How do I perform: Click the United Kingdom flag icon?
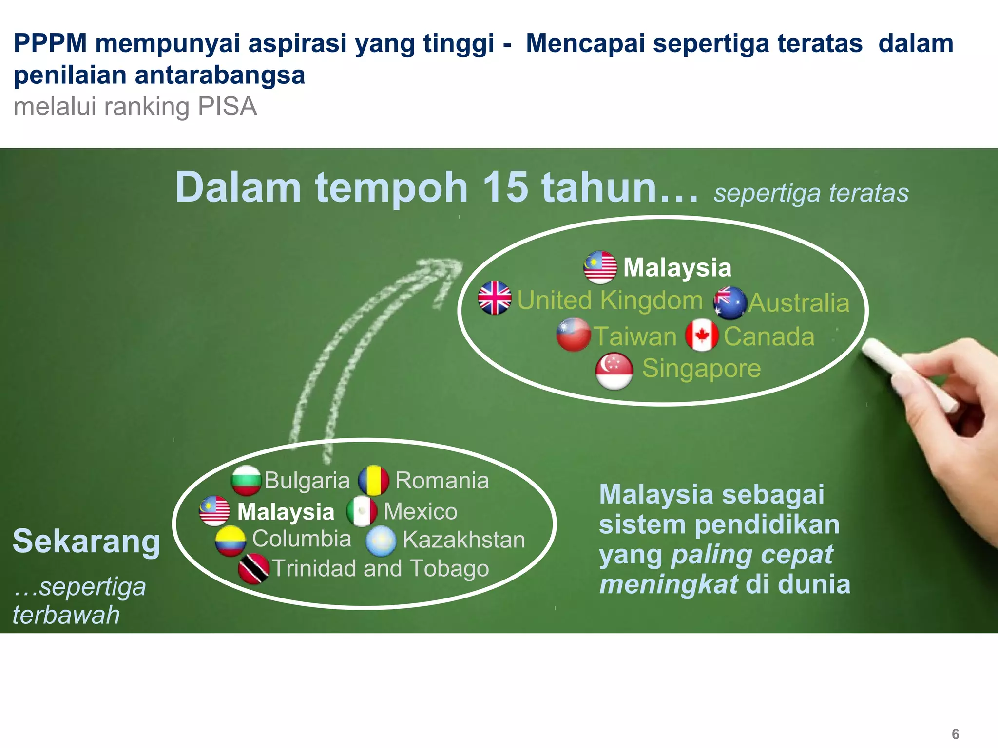[x=495, y=298]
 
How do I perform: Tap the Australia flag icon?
[x=730, y=303]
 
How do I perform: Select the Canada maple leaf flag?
[x=702, y=335]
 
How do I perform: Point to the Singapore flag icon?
[x=614, y=371]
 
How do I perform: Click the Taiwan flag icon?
[x=574, y=335]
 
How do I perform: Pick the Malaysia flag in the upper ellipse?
[x=600, y=267]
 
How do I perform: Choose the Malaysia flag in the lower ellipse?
[x=214, y=511]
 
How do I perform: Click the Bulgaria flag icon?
[x=246, y=480]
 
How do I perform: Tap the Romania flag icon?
[x=374, y=481]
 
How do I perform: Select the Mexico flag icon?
[x=362, y=511]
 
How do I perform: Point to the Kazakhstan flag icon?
[x=381, y=541]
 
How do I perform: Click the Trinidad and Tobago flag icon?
[x=253, y=569]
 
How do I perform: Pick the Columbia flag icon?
[x=230, y=541]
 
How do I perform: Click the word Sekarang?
[x=86, y=542]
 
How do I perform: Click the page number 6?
[x=955, y=734]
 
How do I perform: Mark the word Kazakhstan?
[x=463, y=540]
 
